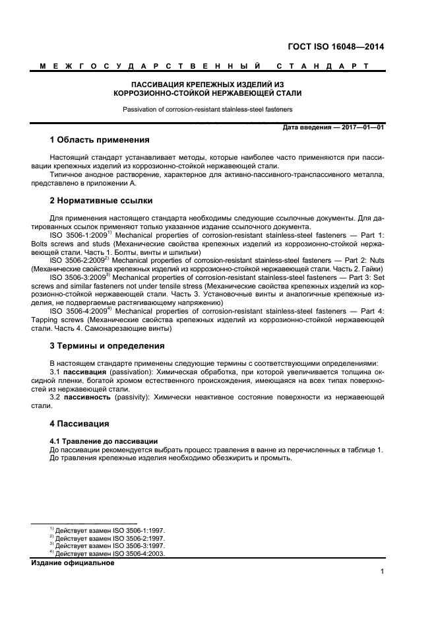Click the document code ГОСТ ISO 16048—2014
(336, 47)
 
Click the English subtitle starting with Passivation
(208, 109)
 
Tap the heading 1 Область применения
(100, 140)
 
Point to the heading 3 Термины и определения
(108, 345)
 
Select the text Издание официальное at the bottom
(73, 563)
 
